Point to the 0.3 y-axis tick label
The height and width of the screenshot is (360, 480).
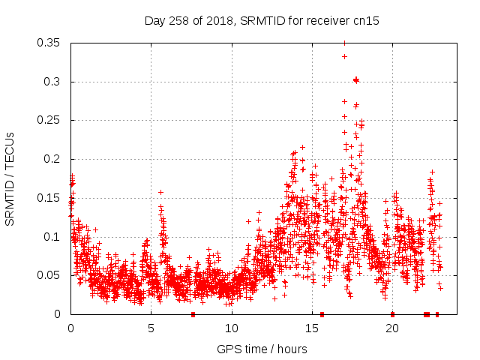(x=54, y=82)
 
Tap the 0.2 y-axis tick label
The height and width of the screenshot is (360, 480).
(x=54, y=159)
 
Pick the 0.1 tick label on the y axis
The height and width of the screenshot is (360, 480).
(x=54, y=237)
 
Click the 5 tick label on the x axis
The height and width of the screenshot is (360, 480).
(x=151, y=328)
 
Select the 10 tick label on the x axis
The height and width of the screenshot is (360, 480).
(x=231, y=328)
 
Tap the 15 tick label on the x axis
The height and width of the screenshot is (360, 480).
(x=312, y=328)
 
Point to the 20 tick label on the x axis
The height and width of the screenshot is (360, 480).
(x=392, y=328)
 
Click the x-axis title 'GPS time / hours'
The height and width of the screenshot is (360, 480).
(x=262, y=349)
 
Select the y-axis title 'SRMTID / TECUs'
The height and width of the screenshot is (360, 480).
(x=10, y=178)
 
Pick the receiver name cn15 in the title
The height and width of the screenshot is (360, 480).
(x=367, y=21)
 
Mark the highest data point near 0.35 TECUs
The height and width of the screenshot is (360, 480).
(x=344, y=43)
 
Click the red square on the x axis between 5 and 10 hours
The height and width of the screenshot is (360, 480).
(x=193, y=314)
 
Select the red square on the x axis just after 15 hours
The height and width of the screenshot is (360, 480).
(x=322, y=314)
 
